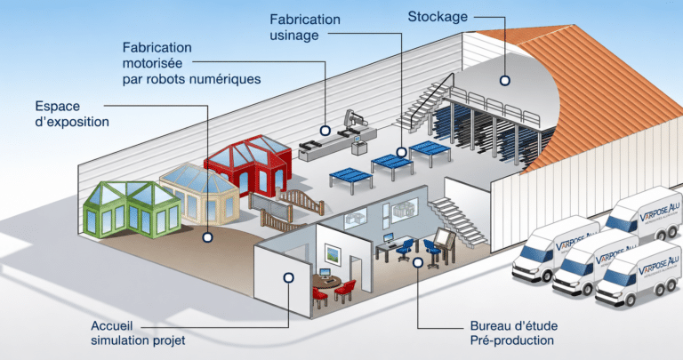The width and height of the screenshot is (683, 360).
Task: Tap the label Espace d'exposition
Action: click(72, 114)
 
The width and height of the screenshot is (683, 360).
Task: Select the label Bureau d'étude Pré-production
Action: click(513, 333)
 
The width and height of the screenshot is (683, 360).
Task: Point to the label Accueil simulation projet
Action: click(138, 333)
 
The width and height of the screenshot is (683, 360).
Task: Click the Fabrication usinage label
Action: click(304, 27)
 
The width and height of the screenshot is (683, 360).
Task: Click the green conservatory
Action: click(132, 210)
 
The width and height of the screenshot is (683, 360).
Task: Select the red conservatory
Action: click(248, 164)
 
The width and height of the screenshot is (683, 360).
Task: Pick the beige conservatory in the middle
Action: click(199, 192)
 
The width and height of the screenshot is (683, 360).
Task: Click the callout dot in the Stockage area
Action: click(505, 81)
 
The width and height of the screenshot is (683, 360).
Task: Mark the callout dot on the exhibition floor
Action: click(208, 237)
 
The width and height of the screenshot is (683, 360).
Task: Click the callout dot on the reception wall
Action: click(288, 277)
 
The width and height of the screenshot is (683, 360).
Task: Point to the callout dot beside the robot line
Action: click(325, 130)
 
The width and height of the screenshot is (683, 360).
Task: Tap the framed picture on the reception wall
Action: click(333, 254)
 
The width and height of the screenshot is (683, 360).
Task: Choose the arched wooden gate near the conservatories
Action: click(301, 200)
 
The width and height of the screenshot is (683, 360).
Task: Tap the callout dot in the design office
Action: click(418, 262)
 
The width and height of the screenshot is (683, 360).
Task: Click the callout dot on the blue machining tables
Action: click(402, 152)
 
